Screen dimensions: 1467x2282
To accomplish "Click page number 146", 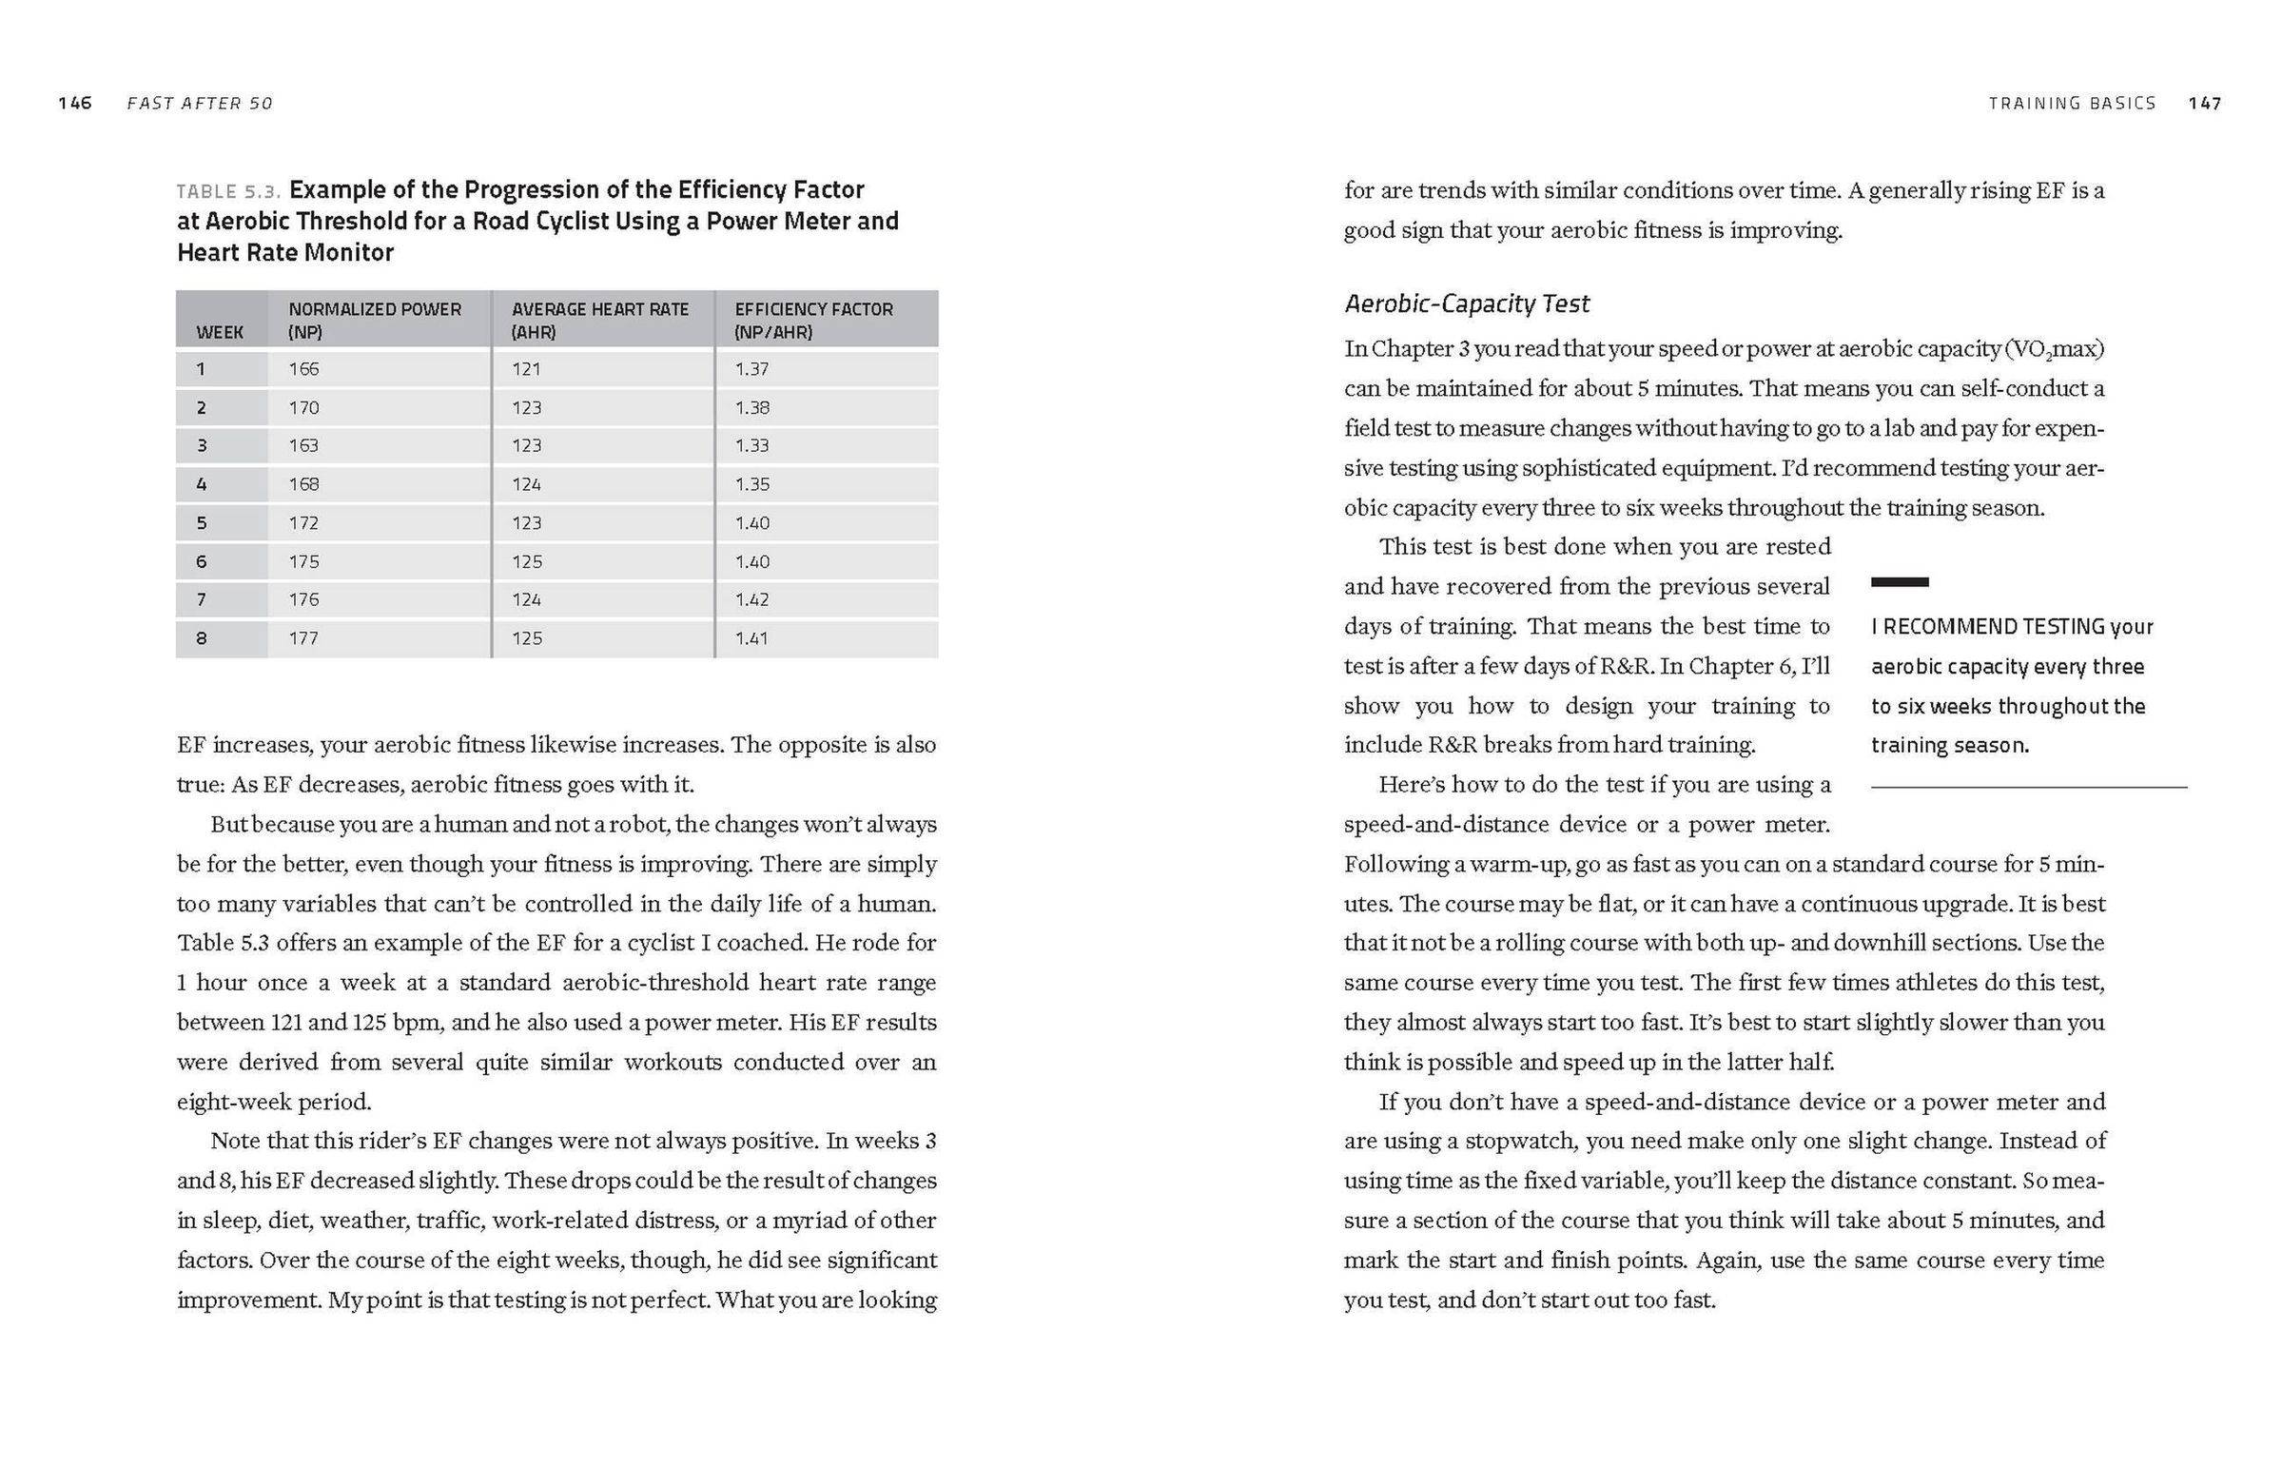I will click(x=74, y=103).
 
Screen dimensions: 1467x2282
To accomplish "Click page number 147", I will click(x=2205, y=103).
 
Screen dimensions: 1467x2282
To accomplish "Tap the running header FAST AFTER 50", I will click(x=200, y=103).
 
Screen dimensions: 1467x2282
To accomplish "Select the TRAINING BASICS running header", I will click(x=2072, y=103).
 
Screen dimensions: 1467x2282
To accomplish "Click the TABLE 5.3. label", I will click(x=228, y=190).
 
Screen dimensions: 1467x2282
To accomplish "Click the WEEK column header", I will click(x=220, y=331).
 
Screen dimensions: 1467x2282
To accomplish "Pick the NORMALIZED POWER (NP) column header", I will click(x=374, y=320).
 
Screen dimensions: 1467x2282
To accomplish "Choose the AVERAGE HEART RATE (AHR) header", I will click(x=600, y=320).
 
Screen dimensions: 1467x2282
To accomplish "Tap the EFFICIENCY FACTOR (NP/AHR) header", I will click(x=813, y=320).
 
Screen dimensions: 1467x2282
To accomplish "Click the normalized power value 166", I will click(x=303, y=369).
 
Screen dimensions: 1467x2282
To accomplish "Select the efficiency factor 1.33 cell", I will click(x=751, y=446).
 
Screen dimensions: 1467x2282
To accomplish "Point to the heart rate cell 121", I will click(x=526, y=369).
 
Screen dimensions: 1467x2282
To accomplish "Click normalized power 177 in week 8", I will click(x=303, y=638).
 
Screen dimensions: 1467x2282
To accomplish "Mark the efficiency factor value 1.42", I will click(x=751, y=599).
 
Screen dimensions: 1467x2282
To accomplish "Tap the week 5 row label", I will click(x=201, y=523).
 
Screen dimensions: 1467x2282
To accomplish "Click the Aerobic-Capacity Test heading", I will click(x=1467, y=303).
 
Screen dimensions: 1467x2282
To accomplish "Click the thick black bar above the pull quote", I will click(x=1899, y=581).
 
